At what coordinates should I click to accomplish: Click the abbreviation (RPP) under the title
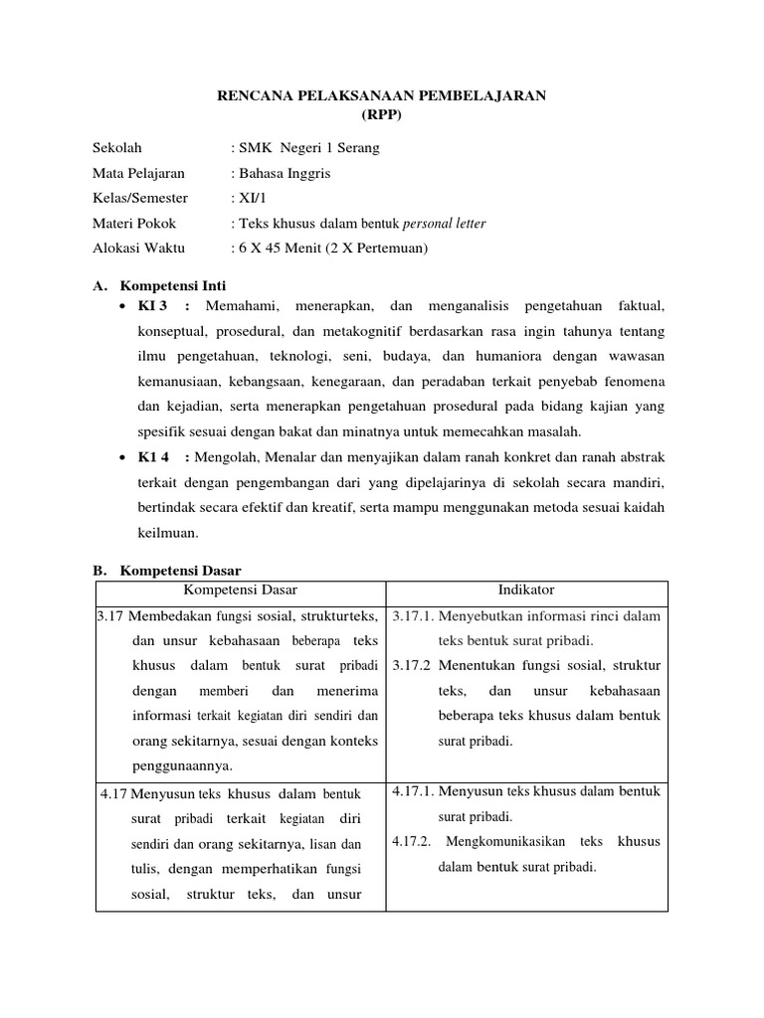382,114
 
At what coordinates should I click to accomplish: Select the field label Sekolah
117,148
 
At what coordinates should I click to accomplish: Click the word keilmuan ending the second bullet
166,533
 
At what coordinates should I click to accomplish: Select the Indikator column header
527,591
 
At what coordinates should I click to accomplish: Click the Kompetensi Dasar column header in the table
241,591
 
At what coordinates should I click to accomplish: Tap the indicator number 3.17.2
411,665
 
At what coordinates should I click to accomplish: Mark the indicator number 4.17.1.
412,791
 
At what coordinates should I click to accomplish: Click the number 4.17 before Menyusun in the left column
115,793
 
